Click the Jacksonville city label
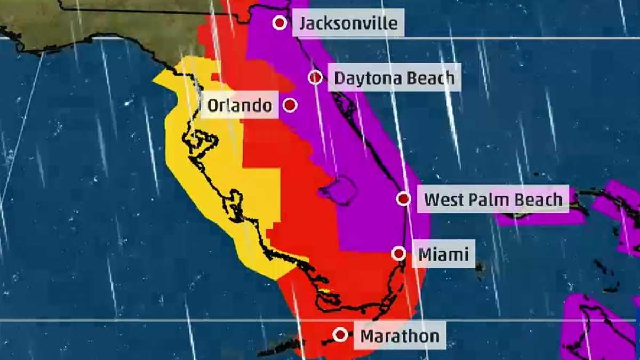348,23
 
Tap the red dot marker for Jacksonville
279,23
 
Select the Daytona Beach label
394,78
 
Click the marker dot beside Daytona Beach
315,77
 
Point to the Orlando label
239,105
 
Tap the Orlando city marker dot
290,105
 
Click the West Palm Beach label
493,199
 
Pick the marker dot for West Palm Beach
404,199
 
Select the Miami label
443,254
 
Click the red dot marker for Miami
398,253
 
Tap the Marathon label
400,336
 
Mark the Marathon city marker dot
340,335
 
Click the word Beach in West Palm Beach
538,199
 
